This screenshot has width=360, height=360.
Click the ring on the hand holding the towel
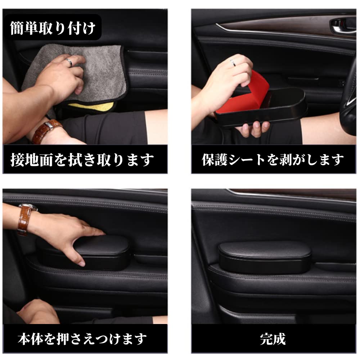pos(69,62)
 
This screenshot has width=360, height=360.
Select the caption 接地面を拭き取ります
pos(82,160)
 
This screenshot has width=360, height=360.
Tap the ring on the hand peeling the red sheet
pos(233,63)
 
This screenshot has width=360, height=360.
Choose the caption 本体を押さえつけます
pos(82,339)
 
